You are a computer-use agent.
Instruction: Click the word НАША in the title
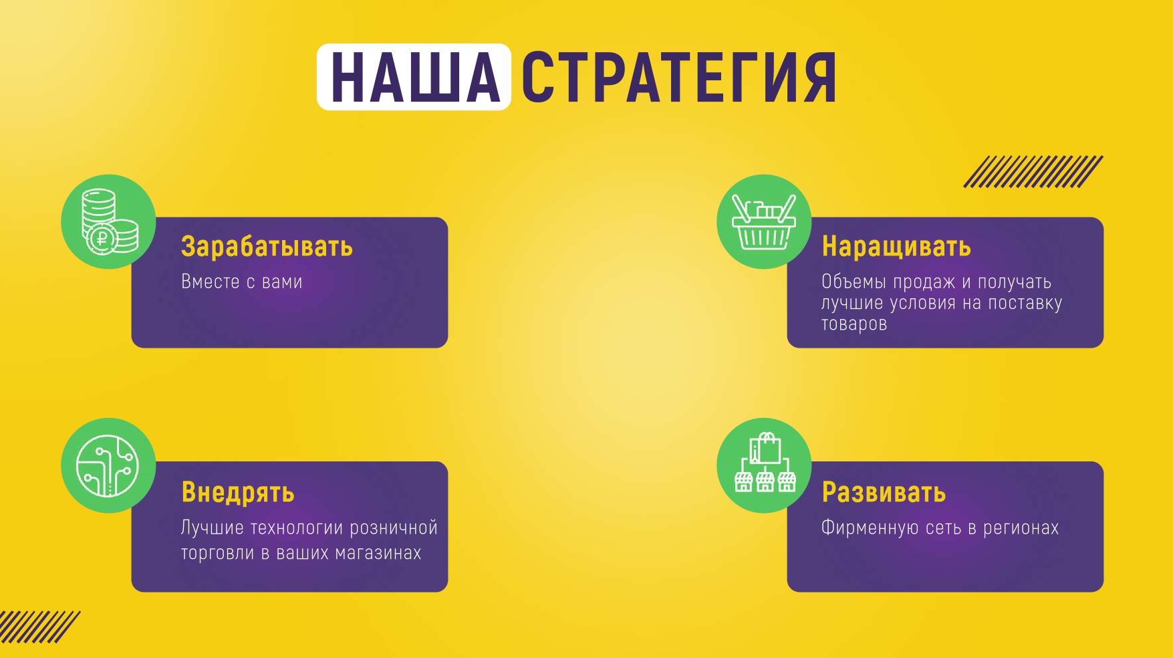(x=415, y=78)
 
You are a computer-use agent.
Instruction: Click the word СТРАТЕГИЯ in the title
(x=678, y=78)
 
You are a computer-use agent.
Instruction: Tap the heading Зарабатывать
(x=267, y=247)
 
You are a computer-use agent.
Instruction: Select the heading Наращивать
(x=896, y=247)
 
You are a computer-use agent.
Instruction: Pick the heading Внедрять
(x=238, y=493)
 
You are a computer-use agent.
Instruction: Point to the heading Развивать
(x=884, y=493)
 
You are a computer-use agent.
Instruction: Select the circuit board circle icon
(x=108, y=465)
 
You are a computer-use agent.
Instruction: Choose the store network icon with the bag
(x=765, y=464)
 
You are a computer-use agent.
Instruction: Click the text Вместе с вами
(x=242, y=282)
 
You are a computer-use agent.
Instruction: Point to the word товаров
(x=854, y=324)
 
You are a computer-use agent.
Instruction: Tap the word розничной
(x=394, y=528)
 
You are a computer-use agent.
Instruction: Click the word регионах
(x=1021, y=528)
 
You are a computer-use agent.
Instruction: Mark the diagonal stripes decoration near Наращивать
(x=1033, y=172)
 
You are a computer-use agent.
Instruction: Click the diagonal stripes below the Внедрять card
(x=39, y=627)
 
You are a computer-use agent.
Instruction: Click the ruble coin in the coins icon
(x=102, y=238)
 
